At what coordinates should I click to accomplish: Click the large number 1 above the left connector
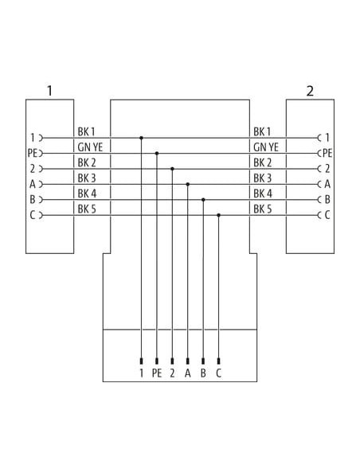49,91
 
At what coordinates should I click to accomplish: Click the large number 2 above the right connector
310,91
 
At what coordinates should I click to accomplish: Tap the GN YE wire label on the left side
90,147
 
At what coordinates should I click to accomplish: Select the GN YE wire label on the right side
266,147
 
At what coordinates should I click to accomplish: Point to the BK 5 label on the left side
87,209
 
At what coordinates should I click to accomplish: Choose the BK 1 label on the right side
262,131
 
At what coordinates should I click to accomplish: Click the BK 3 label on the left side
87,178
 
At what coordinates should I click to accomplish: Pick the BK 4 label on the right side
263,193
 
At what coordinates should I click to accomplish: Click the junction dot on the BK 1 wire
142,138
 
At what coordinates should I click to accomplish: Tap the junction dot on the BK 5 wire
218,215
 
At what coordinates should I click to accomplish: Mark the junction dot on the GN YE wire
157,154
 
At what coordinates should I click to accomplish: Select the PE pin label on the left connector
32,154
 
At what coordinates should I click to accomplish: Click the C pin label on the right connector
327,215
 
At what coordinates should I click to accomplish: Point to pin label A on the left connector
33,184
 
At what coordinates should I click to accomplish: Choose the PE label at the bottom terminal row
157,373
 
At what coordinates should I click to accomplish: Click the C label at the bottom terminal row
218,373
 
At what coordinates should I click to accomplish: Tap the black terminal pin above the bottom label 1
142,361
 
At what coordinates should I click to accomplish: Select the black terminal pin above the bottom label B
203,361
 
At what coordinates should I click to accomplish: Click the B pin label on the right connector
327,200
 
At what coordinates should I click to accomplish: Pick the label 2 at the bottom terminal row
172,373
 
